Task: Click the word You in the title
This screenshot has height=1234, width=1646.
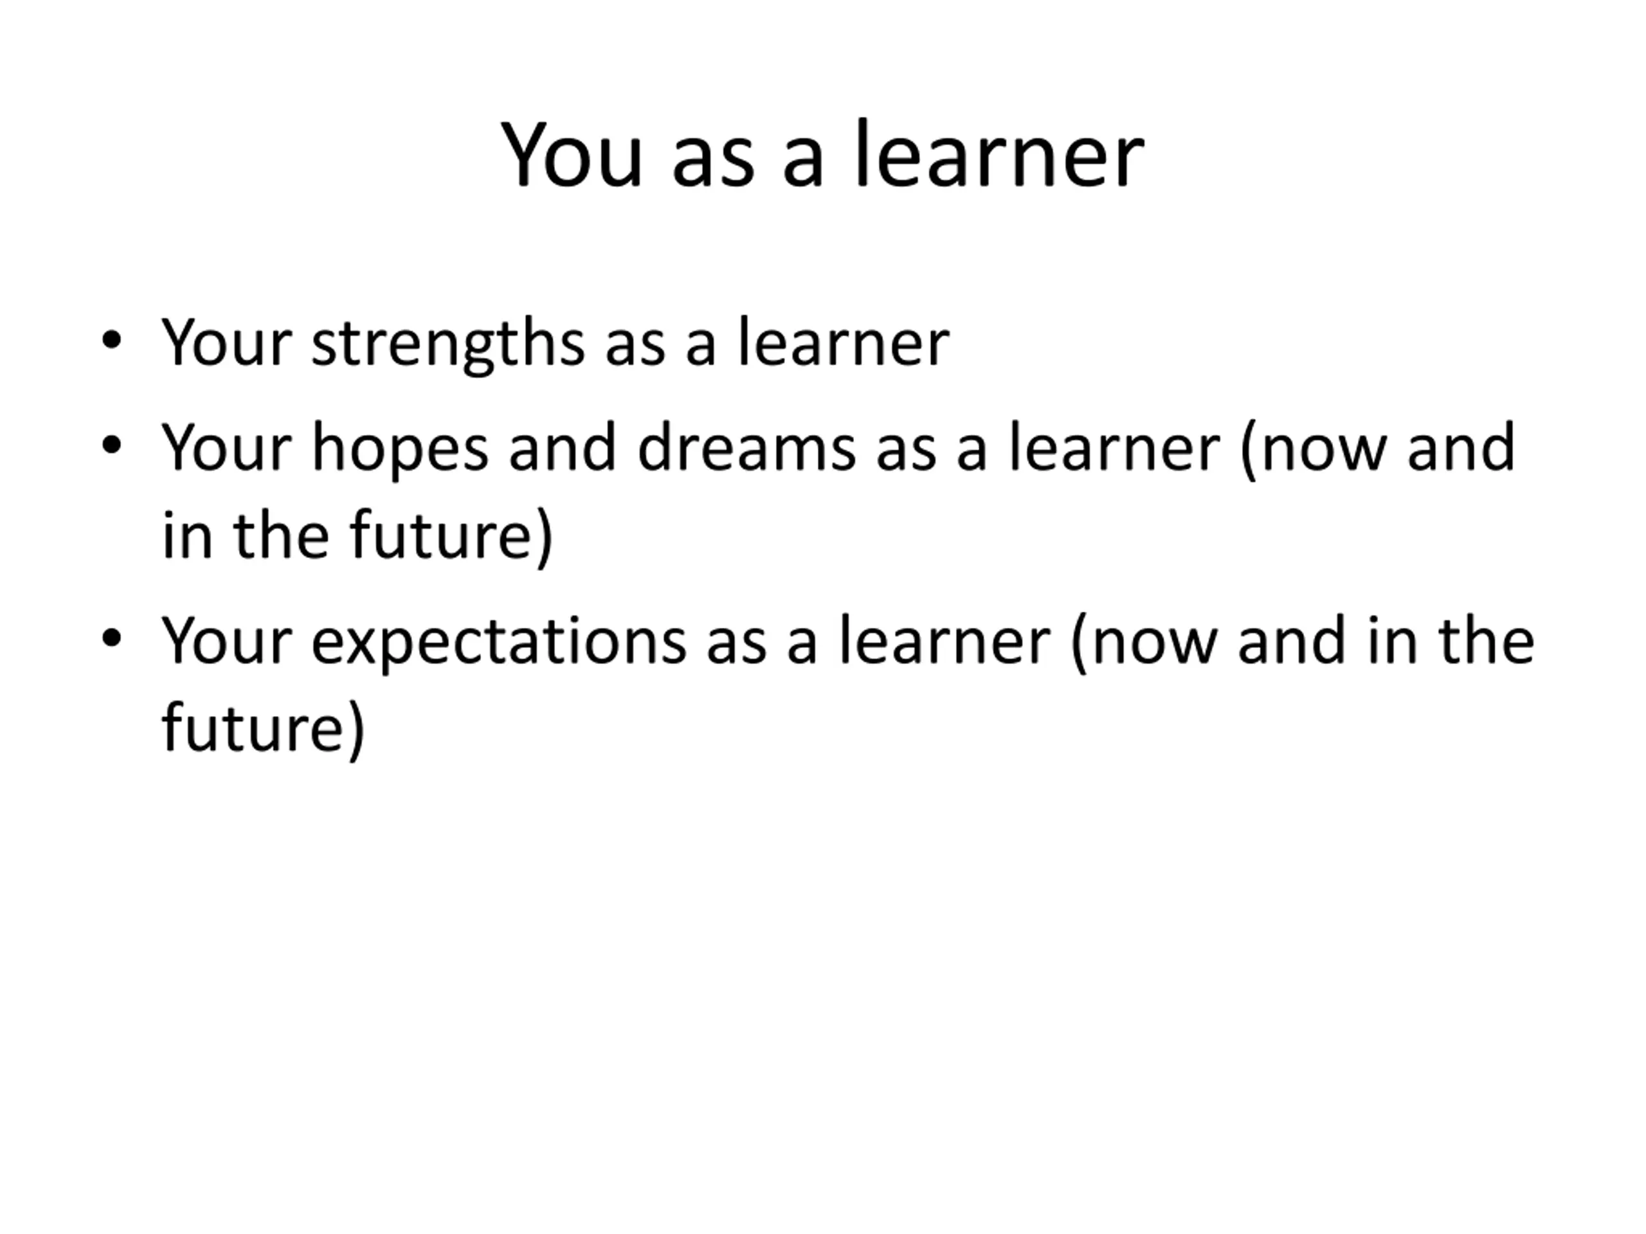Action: [x=572, y=156]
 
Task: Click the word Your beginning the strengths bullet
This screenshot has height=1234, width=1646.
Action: [x=226, y=343]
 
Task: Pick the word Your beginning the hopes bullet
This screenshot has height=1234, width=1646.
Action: [x=226, y=448]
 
